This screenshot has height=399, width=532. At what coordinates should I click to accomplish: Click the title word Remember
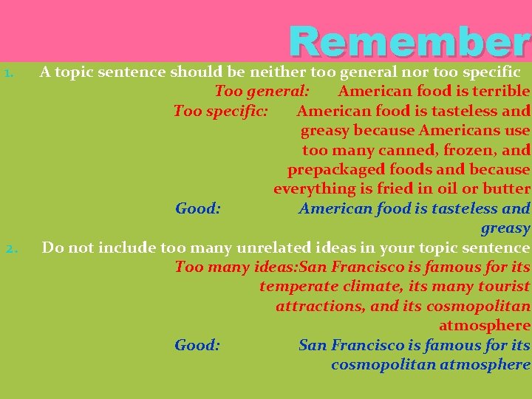pos(409,42)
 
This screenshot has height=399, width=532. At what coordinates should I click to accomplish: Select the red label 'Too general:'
pos(262,92)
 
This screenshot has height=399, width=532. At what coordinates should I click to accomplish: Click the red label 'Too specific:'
pos(220,111)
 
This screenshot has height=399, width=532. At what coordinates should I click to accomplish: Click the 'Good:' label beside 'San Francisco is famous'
pos(197,345)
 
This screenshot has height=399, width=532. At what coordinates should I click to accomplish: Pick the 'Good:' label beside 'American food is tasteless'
pos(198,208)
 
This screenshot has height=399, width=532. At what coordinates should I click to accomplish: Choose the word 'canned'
pos(391,150)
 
